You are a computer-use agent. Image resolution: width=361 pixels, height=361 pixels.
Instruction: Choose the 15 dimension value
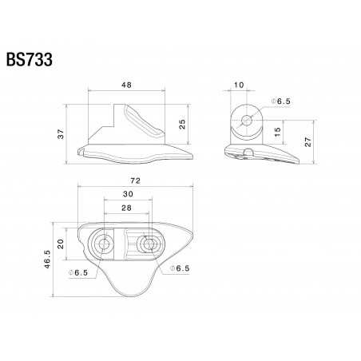click(276, 130)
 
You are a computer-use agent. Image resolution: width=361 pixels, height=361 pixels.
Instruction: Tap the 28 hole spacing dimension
click(128, 209)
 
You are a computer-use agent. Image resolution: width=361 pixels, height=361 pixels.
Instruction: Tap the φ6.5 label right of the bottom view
click(180, 268)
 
